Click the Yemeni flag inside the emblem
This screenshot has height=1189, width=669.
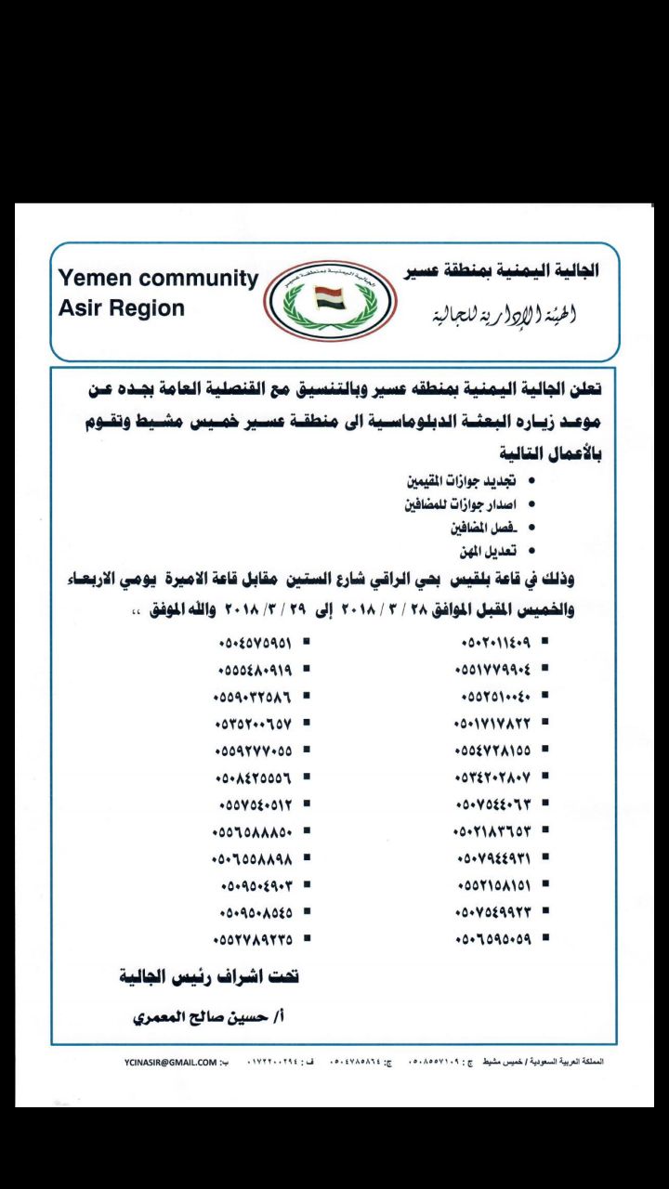(x=331, y=299)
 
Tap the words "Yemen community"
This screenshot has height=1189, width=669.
(x=157, y=278)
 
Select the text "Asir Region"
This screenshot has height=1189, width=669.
(x=121, y=308)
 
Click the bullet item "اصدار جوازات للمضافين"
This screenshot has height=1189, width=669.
(x=453, y=506)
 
